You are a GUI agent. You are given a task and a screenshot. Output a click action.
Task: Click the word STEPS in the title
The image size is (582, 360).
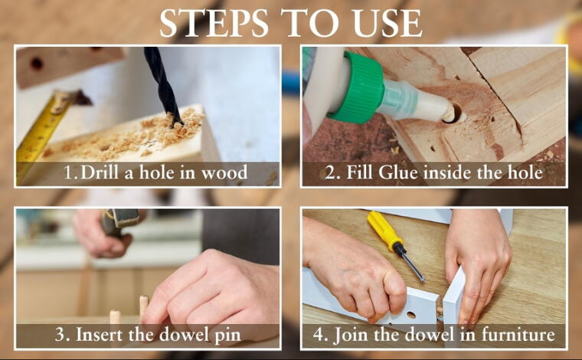pyautogui.click(x=214, y=23)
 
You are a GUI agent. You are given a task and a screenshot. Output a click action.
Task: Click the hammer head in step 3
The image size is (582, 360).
pyautogui.click(x=120, y=218)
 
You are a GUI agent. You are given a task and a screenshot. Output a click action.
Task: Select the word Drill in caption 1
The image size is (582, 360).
pyautogui.click(x=100, y=172)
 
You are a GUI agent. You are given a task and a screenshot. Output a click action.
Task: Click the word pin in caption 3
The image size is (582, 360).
pyautogui.click(x=227, y=336)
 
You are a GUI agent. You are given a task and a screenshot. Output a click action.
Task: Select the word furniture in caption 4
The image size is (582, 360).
pyautogui.click(x=518, y=335)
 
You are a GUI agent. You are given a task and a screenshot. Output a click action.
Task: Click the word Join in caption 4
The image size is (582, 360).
pyautogui.click(x=351, y=335)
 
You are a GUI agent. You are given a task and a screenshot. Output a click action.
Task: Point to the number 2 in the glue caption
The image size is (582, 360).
pyautogui.click(x=329, y=173)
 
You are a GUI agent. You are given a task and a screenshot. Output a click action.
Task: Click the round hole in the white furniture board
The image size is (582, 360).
pyautogui.click(x=411, y=315)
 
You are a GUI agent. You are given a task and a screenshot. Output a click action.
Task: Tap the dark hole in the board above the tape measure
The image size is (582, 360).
pyautogui.click(x=37, y=64)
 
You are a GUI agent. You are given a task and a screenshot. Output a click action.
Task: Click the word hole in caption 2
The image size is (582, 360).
pyautogui.click(x=526, y=172)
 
